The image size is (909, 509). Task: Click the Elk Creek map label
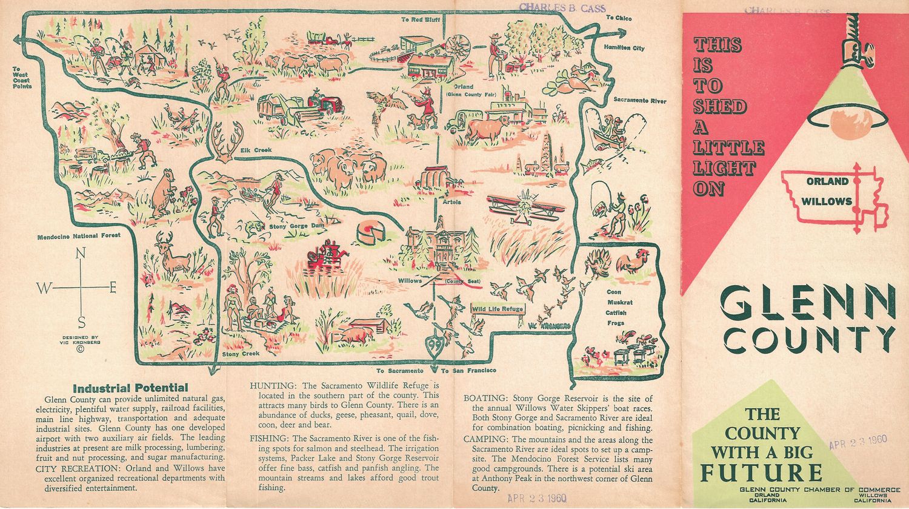(256, 150)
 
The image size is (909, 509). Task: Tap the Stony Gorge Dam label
(297, 226)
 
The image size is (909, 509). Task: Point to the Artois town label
(451, 202)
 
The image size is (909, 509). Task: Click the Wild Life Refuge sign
(497, 309)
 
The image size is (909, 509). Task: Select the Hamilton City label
(624, 48)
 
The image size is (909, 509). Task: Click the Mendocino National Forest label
(79, 235)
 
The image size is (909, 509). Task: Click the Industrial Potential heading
(130, 388)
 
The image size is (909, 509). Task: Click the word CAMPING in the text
(486, 439)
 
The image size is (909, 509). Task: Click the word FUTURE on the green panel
(761, 472)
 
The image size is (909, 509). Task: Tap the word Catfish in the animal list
(616, 313)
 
